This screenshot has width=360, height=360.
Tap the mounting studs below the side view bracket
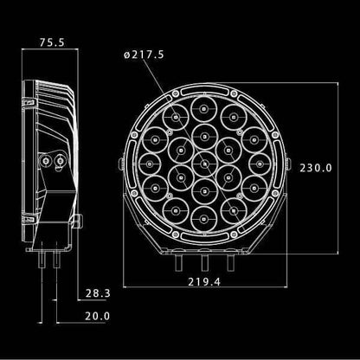coord(49,256)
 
